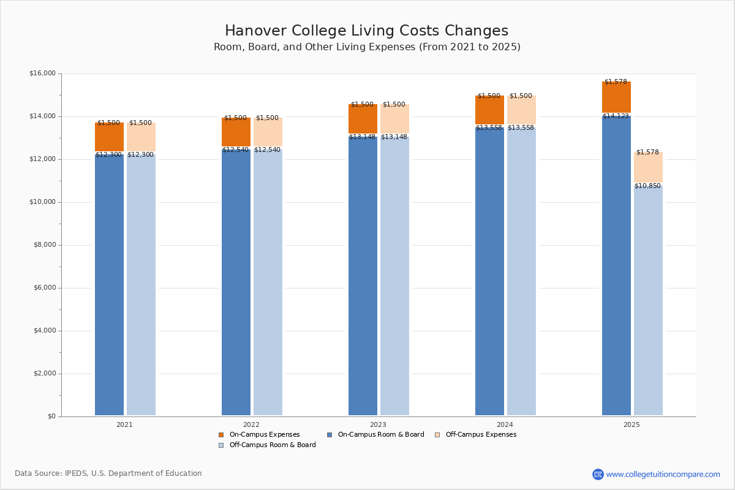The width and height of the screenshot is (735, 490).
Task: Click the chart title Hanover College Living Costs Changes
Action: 366,31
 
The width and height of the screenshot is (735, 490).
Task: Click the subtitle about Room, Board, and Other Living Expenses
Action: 367,47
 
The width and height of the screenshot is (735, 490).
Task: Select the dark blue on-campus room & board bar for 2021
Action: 109,285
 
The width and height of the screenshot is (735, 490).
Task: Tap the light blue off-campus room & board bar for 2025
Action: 648,300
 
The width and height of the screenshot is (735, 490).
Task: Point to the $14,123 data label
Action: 616,116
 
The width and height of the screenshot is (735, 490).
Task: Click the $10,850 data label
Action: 647,186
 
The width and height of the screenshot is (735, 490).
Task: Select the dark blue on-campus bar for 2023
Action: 363,276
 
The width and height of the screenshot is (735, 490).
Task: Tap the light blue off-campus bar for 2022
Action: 268,282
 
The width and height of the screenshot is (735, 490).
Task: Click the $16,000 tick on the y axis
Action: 42,73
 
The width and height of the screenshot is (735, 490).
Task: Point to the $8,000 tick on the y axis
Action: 44,245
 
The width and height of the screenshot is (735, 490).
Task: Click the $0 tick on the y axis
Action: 51,417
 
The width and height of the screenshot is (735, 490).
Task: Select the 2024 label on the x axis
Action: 505,424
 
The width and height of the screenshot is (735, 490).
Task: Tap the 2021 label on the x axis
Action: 124,424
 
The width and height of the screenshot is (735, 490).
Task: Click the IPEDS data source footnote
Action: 108,473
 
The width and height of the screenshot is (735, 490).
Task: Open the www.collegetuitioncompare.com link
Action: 663,474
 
